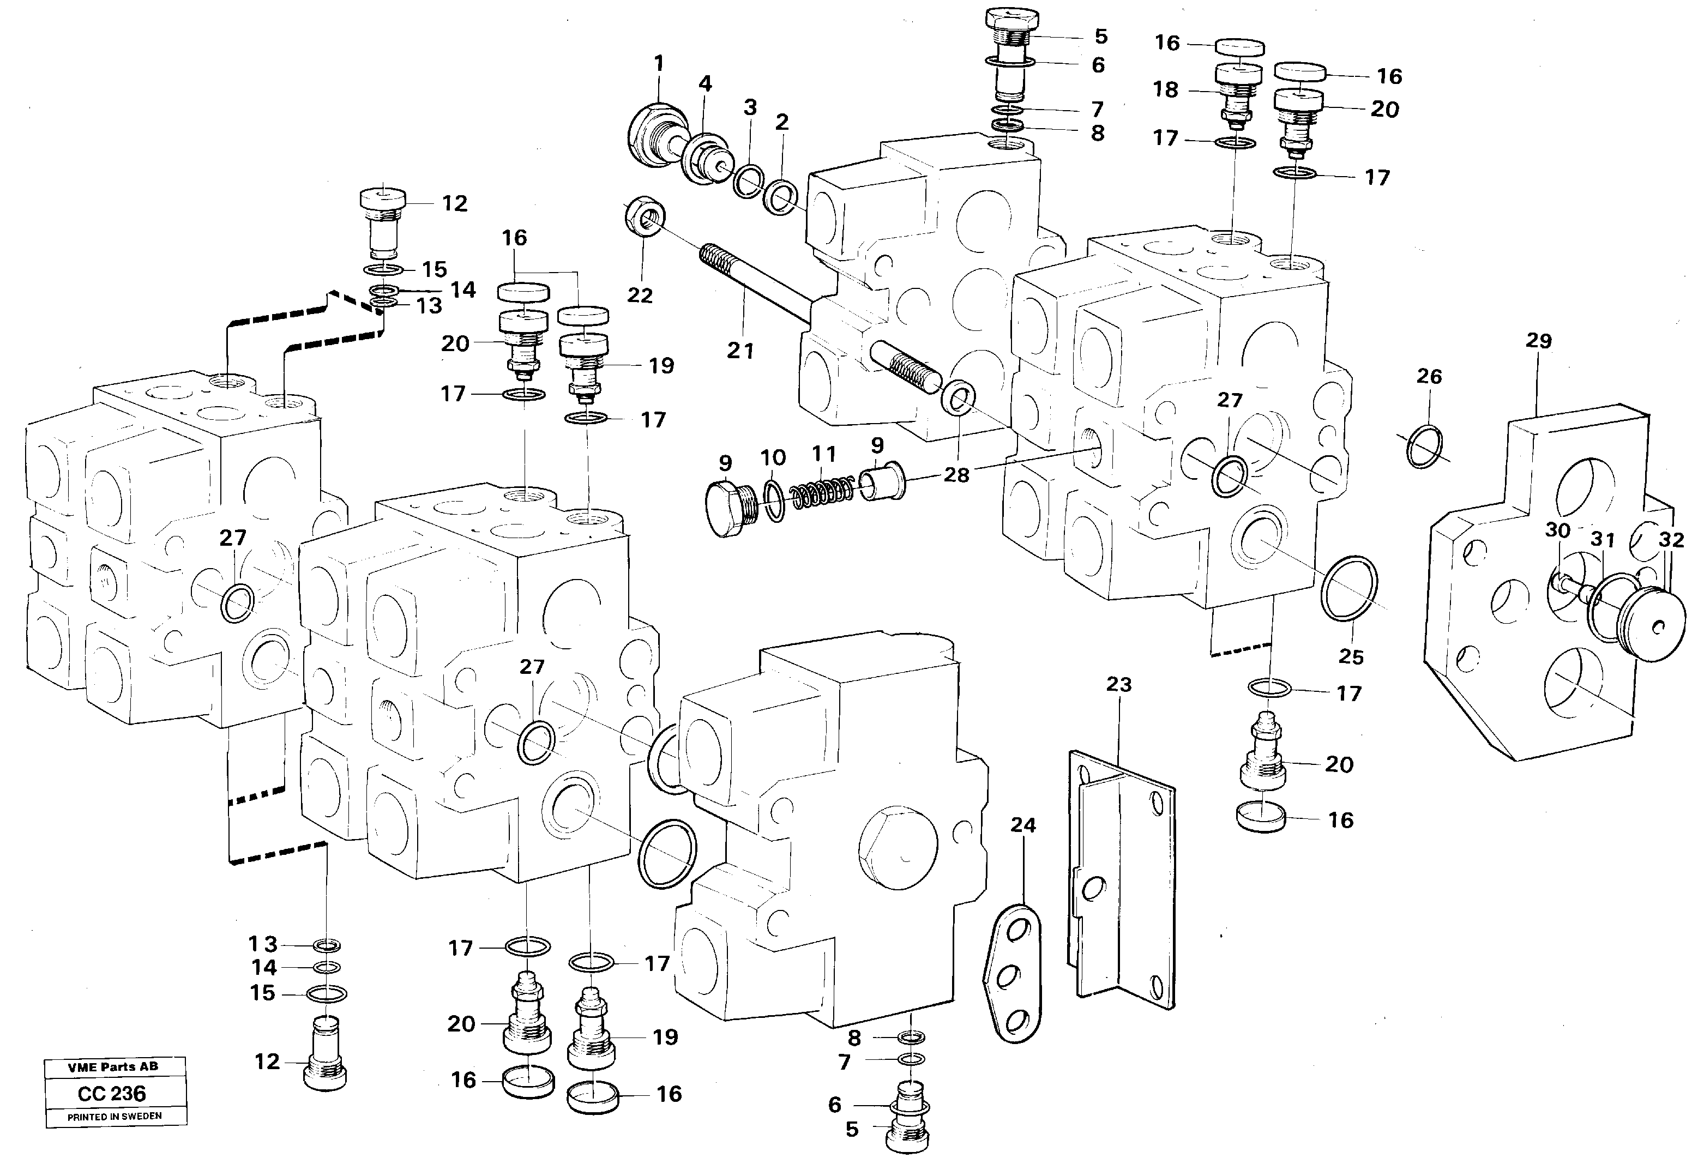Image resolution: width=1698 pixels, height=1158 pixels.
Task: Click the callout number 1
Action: tap(659, 64)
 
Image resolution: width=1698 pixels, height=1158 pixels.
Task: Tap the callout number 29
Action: tap(1539, 340)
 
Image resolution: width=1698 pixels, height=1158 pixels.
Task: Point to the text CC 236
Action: tap(112, 1094)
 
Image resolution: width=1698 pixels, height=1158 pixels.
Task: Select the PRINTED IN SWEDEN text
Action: tap(115, 1117)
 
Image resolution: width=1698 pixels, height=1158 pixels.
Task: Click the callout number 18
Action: tap(1166, 89)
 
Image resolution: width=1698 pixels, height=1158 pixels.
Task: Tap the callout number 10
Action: tap(773, 458)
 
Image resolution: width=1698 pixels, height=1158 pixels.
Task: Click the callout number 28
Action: tap(956, 475)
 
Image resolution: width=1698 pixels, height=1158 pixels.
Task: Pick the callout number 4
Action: tap(705, 83)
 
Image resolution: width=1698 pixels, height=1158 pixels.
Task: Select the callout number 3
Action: tap(750, 107)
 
